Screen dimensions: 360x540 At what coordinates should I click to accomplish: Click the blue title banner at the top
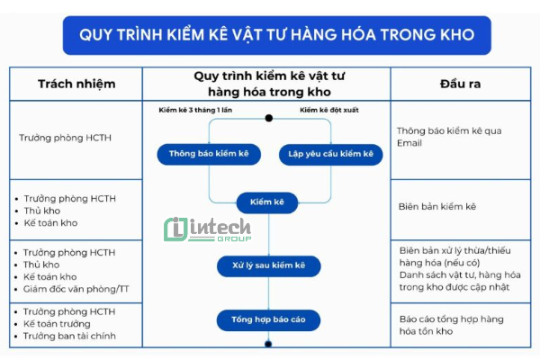point(270,36)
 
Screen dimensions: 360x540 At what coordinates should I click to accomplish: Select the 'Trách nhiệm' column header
point(76,84)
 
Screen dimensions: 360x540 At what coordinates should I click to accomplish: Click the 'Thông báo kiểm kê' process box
point(209,154)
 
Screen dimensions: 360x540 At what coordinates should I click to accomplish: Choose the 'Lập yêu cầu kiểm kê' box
point(330,154)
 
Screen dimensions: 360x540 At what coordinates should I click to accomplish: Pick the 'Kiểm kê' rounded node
point(266,203)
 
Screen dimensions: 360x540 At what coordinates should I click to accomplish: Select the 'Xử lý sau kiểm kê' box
point(267,265)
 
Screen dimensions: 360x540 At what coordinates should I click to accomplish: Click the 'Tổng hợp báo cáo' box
point(267,319)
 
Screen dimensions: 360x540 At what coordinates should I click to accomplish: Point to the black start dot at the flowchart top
point(268,118)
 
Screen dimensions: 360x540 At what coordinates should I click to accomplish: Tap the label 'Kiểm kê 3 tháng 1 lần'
point(195,110)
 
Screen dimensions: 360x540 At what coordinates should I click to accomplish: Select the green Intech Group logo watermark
point(207,229)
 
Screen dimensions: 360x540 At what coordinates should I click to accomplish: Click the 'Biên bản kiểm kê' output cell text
point(437,206)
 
